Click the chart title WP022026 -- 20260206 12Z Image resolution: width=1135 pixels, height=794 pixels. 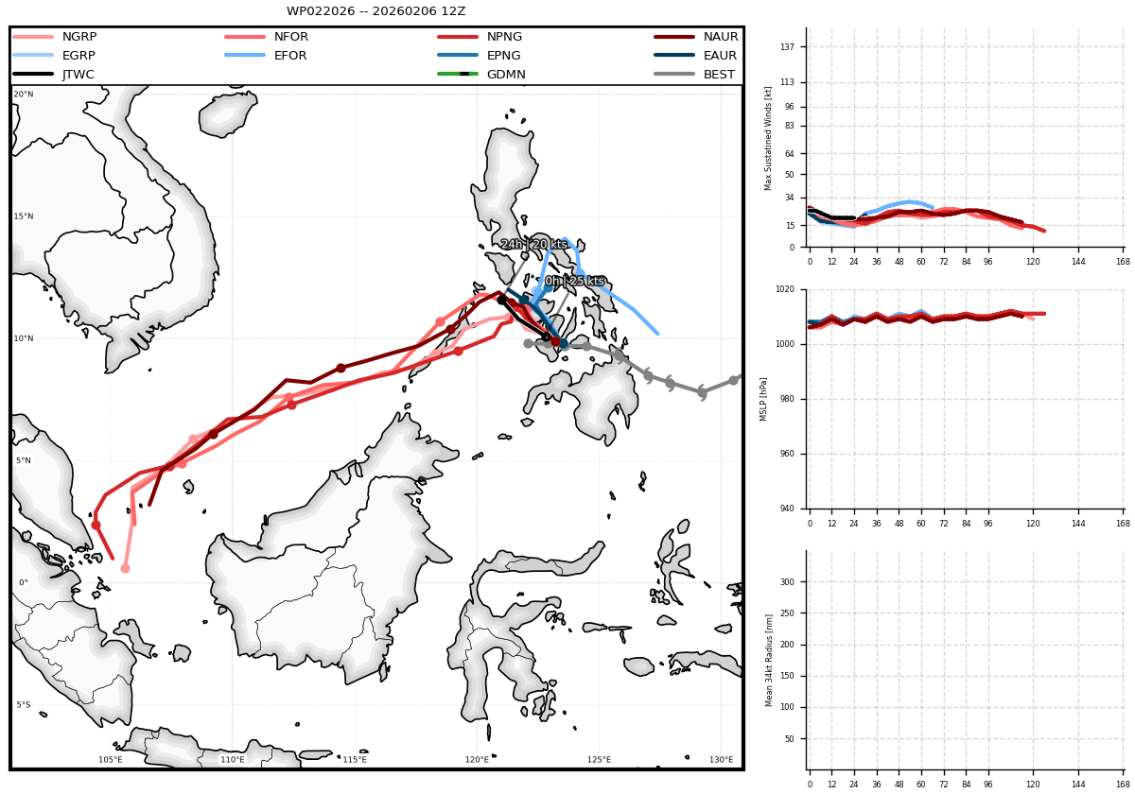(x=376, y=11)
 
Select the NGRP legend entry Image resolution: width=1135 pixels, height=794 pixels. (x=55, y=37)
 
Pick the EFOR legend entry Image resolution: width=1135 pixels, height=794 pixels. (x=267, y=55)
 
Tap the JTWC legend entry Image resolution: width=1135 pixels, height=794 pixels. (x=54, y=75)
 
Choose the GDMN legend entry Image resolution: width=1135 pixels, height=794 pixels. (x=481, y=75)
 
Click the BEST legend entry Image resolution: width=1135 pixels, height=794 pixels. (x=694, y=75)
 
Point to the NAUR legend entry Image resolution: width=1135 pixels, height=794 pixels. (x=696, y=37)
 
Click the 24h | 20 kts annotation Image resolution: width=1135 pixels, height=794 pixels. (x=534, y=244)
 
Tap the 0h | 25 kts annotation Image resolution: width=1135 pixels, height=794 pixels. (x=575, y=281)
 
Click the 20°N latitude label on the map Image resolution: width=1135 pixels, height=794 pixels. (x=24, y=95)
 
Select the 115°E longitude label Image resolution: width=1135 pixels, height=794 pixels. (x=355, y=760)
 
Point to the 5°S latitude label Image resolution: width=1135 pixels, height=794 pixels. (x=24, y=705)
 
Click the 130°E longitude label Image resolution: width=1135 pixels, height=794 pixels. (x=721, y=760)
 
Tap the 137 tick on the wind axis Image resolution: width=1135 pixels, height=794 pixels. (x=787, y=47)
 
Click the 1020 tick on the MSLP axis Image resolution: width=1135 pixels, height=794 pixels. (x=785, y=289)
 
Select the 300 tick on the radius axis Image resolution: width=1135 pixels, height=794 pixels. (x=787, y=582)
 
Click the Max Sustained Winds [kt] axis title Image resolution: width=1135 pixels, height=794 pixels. (x=768, y=138)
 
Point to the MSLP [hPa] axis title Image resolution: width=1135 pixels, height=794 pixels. (x=763, y=399)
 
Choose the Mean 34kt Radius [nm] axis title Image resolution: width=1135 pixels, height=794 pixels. (x=769, y=661)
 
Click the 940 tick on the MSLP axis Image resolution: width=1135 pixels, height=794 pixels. (x=787, y=509)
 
